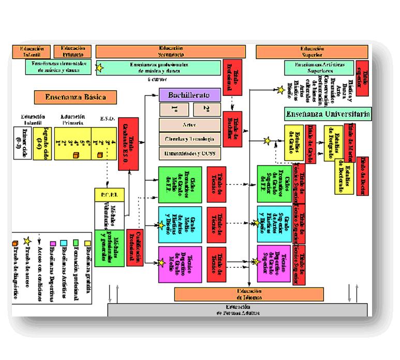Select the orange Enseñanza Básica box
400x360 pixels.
(x=75, y=97)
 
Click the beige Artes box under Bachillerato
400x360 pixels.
(x=190, y=125)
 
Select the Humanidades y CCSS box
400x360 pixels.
(x=190, y=153)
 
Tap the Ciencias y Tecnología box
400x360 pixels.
(x=190, y=139)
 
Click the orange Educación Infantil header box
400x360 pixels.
(x=32, y=51)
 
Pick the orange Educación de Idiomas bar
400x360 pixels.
(x=249, y=294)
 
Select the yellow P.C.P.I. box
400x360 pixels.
(x=109, y=195)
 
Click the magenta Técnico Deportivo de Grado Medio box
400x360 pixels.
(x=176, y=264)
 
